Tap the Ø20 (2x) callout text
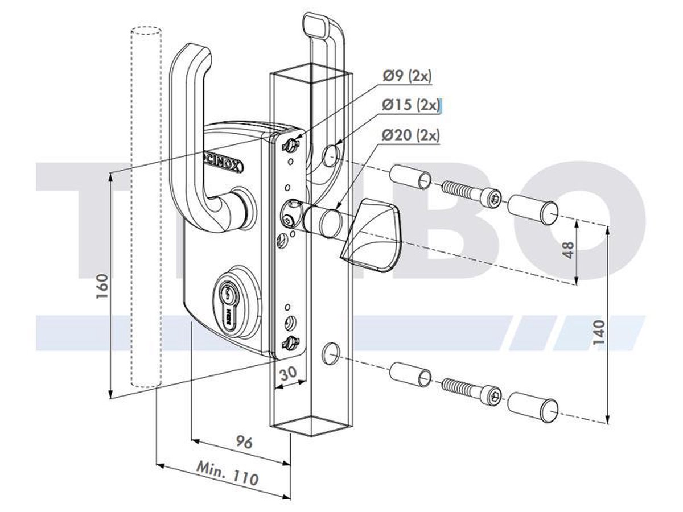coord(411,135)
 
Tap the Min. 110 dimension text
coord(227,473)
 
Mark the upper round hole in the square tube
coord(330,155)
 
